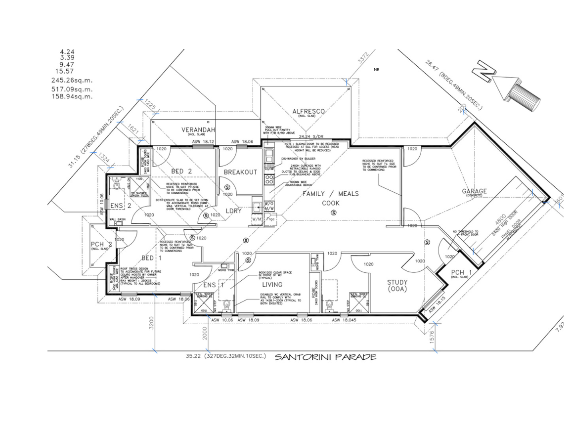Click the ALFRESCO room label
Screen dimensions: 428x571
point(308,112)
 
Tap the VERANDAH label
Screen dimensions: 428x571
point(198,130)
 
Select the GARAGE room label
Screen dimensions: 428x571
point(474,191)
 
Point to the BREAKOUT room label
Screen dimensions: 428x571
point(240,172)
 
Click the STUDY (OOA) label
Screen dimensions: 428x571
point(397,286)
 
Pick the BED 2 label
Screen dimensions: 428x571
point(181,171)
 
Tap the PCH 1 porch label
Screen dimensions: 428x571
point(458,272)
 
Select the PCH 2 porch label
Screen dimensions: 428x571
point(101,244)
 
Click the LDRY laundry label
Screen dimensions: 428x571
point(233,211)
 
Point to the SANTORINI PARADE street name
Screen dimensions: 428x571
point(325,357)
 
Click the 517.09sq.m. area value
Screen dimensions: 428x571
point(72,89)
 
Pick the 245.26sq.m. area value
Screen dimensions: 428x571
point(72,80)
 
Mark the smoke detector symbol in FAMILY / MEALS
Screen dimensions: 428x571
point(334,213)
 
